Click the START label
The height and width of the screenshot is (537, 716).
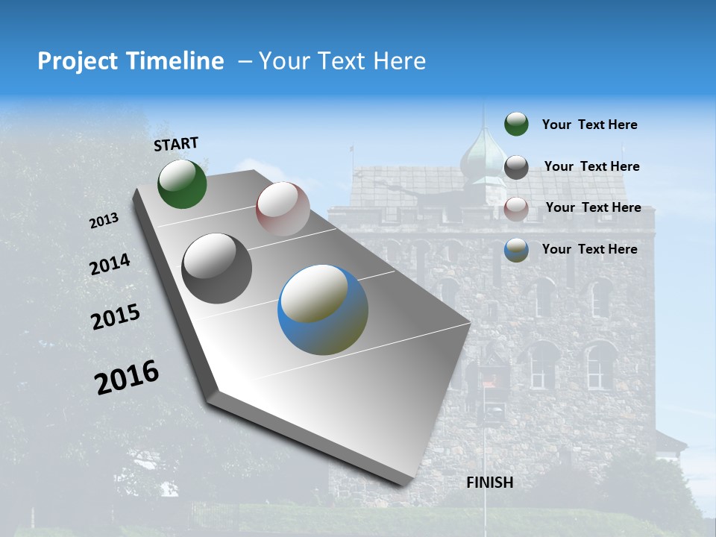[x=176, y=144]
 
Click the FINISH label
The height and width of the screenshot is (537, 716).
[x=489, y=483]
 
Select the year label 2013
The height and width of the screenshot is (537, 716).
[x=104, y=221]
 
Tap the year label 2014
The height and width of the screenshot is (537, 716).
[x=110, y=265]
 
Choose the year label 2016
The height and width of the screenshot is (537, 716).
[x=127, y=377]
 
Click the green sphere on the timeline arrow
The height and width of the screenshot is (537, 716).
[x=182, y=183]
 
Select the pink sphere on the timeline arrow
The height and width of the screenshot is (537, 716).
[x=283, y=208]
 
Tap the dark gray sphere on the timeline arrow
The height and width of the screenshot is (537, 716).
[x=217, y=268]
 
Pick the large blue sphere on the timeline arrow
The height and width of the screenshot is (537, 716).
[x=323, y=310]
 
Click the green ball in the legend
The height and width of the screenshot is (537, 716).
[x=516, y=124]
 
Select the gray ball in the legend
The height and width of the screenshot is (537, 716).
[x=516, y=167]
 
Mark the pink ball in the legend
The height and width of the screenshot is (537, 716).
[x=516, y=209]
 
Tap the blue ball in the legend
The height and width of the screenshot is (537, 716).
[x=516, y=250]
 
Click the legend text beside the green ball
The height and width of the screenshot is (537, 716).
[x=589, y=125]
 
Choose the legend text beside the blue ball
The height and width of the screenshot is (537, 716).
[x=589, y=249]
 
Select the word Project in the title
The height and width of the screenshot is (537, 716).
[x=77, y=61]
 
